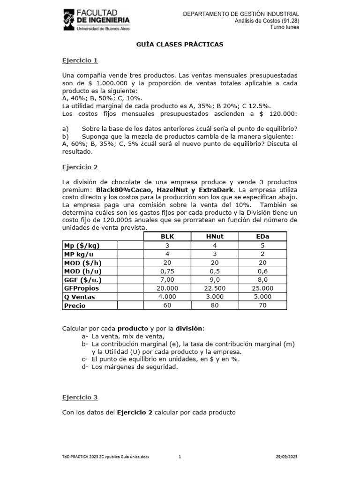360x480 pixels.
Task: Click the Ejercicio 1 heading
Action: point(80,60)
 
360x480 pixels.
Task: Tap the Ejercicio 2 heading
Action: point(80,167)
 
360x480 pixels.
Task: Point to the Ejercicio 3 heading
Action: point(80,397)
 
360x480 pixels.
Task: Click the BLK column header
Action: point(167,236)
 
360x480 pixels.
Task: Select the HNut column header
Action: point(215,236)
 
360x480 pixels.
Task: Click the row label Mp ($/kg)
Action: point(82,245)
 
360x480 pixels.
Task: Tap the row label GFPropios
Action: point(82,288)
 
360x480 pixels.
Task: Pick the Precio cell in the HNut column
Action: point(215,306)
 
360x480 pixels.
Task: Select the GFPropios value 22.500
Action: point(215,288)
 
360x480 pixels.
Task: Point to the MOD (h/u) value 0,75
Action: point(167,271)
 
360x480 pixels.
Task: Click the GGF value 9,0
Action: point(215,280)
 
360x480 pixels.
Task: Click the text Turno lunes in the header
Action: point(285,27)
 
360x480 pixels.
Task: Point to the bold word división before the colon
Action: point(189,328)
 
